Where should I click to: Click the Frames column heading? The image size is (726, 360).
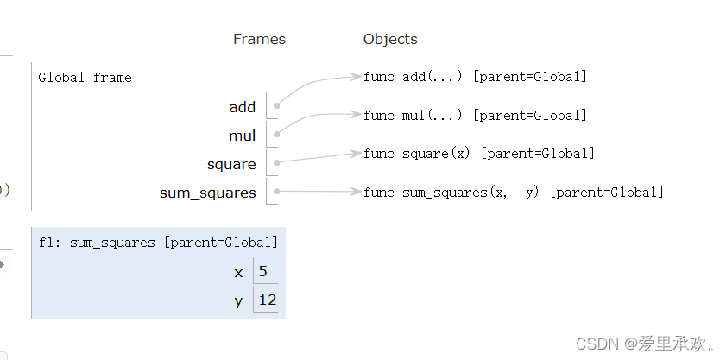(x=259, y=39)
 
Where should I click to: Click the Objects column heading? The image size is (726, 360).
(x=390, y=39)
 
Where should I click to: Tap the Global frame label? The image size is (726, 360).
(x=85, y=78)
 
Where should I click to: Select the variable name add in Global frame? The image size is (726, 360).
(x=243, y=107)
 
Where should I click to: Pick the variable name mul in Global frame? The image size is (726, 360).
(x=243, y=136)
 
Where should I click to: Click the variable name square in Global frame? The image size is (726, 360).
(x=231, y=164)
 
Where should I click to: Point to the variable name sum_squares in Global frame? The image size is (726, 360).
(x=208, y=193)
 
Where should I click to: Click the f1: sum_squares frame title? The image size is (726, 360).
(x=158, y=243)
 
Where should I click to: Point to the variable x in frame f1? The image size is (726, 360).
(x=238, y=273)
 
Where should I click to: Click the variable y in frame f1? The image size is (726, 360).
(x=238, y=301)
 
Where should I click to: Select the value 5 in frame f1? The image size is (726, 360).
(x=262, y=272)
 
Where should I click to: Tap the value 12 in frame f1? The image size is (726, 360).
(x=266, y=300)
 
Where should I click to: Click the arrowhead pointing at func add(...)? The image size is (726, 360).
(x=356, y=77)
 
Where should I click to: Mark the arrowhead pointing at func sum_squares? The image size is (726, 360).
(x=356, y=192)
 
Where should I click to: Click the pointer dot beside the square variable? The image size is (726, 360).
(x=276, y=162)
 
